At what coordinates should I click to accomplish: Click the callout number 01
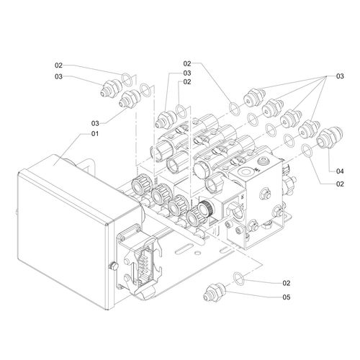(x=95, y=134)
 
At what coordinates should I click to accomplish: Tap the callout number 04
(x=340, y=171)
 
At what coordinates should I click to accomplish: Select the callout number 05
(x=287, y=297)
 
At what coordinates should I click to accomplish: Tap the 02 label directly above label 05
(x=287, y=283)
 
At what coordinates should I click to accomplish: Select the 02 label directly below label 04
(x=340, y=184)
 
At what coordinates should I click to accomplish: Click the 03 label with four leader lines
(x=340, y=76)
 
